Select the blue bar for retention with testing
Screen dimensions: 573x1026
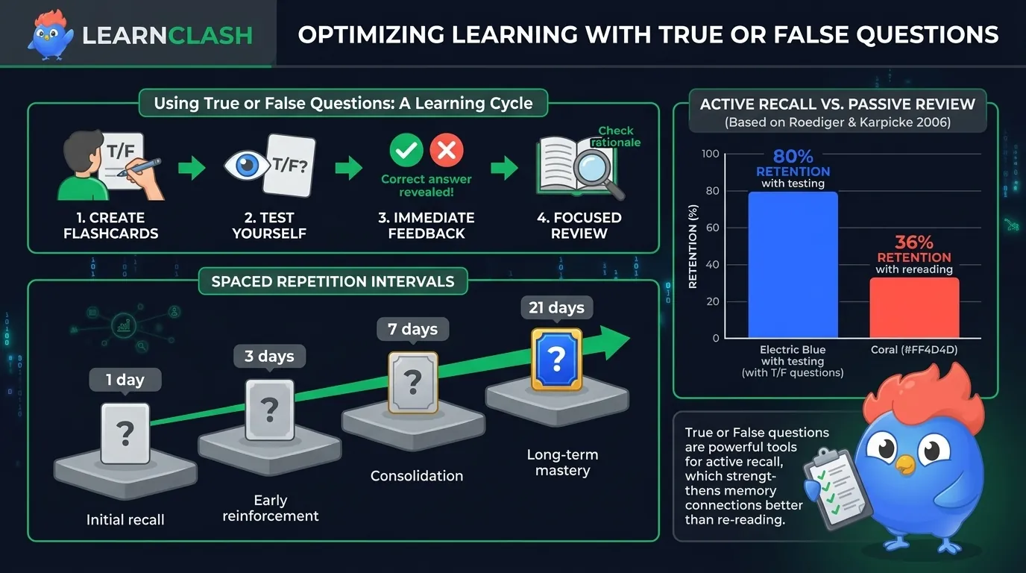click(x=793, y=265)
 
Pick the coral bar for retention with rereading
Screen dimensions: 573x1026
click(x=914, y=307)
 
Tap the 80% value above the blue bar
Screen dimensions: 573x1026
click(x=793, y=157)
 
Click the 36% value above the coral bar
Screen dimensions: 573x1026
click(x=914, y=242)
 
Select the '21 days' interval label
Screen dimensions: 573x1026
click(x=556, y=307)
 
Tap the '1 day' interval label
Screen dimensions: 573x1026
click(x=125, y=380)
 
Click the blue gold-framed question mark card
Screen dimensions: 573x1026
click(x=556, y=360)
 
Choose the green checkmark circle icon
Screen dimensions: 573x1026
click(x=406, y=151)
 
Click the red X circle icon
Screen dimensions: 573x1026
click(x=447, y=151)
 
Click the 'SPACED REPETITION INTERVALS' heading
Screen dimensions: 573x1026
click(x=333, y=281)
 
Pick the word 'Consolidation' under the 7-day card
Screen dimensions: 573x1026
click(x=417, y=475)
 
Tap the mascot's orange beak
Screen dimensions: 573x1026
click(x=905, y=464)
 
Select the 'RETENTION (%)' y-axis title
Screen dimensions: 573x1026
click(x=693, y=246)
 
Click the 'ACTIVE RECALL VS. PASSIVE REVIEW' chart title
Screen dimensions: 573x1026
click(x=837, y=104)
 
